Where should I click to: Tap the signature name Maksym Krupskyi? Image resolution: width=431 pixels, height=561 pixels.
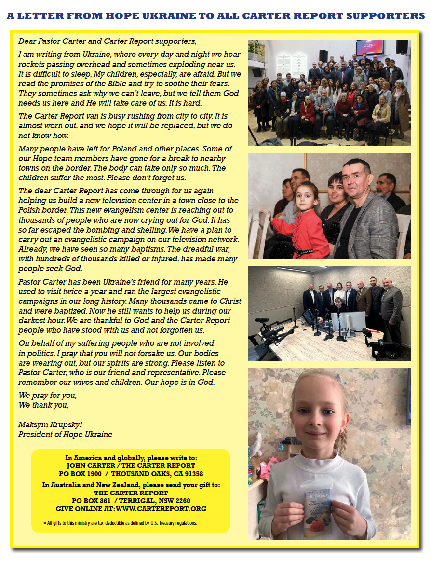coord(50,425)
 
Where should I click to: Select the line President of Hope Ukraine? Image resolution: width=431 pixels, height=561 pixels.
coord(65,434)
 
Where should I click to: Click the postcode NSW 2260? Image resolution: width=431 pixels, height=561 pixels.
coord(173,501)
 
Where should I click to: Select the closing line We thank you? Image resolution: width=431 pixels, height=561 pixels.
coord(43,405)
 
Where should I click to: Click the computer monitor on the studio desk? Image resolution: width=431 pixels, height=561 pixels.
coord(354,321)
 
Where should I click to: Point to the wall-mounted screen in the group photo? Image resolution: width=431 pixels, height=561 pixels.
coord(369,47)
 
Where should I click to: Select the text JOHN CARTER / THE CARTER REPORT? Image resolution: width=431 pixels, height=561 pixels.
coord(131,465)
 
